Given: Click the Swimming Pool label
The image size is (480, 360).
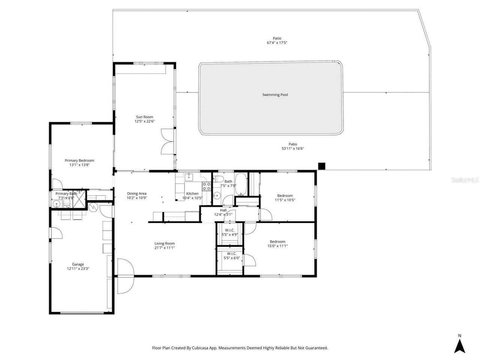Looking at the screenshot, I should click(x=275, y=95).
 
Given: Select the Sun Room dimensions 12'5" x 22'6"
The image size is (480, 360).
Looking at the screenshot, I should click(x=144, y=121).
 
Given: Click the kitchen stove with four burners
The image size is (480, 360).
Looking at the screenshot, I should click(x=206, y=186).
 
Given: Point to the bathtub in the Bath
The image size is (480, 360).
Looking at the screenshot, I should click(x=240, y=184).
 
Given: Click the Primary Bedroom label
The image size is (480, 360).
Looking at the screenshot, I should click(x=79, y=160).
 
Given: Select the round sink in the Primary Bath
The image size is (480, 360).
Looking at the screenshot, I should click(x=57, y=204).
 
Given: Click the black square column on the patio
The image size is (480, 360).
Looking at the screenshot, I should click(x=321, y=166).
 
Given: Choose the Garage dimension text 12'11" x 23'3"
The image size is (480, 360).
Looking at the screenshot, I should click(x=78, y=268).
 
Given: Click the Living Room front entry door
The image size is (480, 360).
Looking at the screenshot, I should click(x=125, y=276).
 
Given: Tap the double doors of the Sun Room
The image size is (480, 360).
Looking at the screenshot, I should click(x=168, y=141).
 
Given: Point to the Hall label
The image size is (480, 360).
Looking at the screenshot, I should click(x=223, y=210).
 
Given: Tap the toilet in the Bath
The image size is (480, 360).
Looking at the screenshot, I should click(x=220, y=178).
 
